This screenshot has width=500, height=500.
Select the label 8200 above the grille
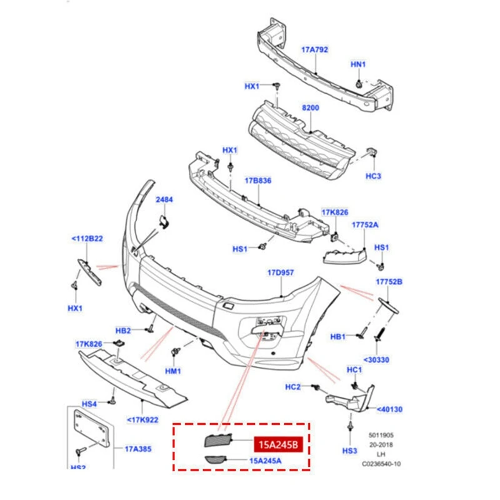tap(311, 108)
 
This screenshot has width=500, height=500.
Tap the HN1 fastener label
tap(358, 64)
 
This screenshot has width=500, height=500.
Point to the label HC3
tap(373, 176)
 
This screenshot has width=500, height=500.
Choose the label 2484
tap(164, 200)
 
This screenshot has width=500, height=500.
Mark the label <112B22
tap(87, 238)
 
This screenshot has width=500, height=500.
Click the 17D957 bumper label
tap(281, 272)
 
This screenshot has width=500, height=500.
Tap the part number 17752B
tap(389, 282)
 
